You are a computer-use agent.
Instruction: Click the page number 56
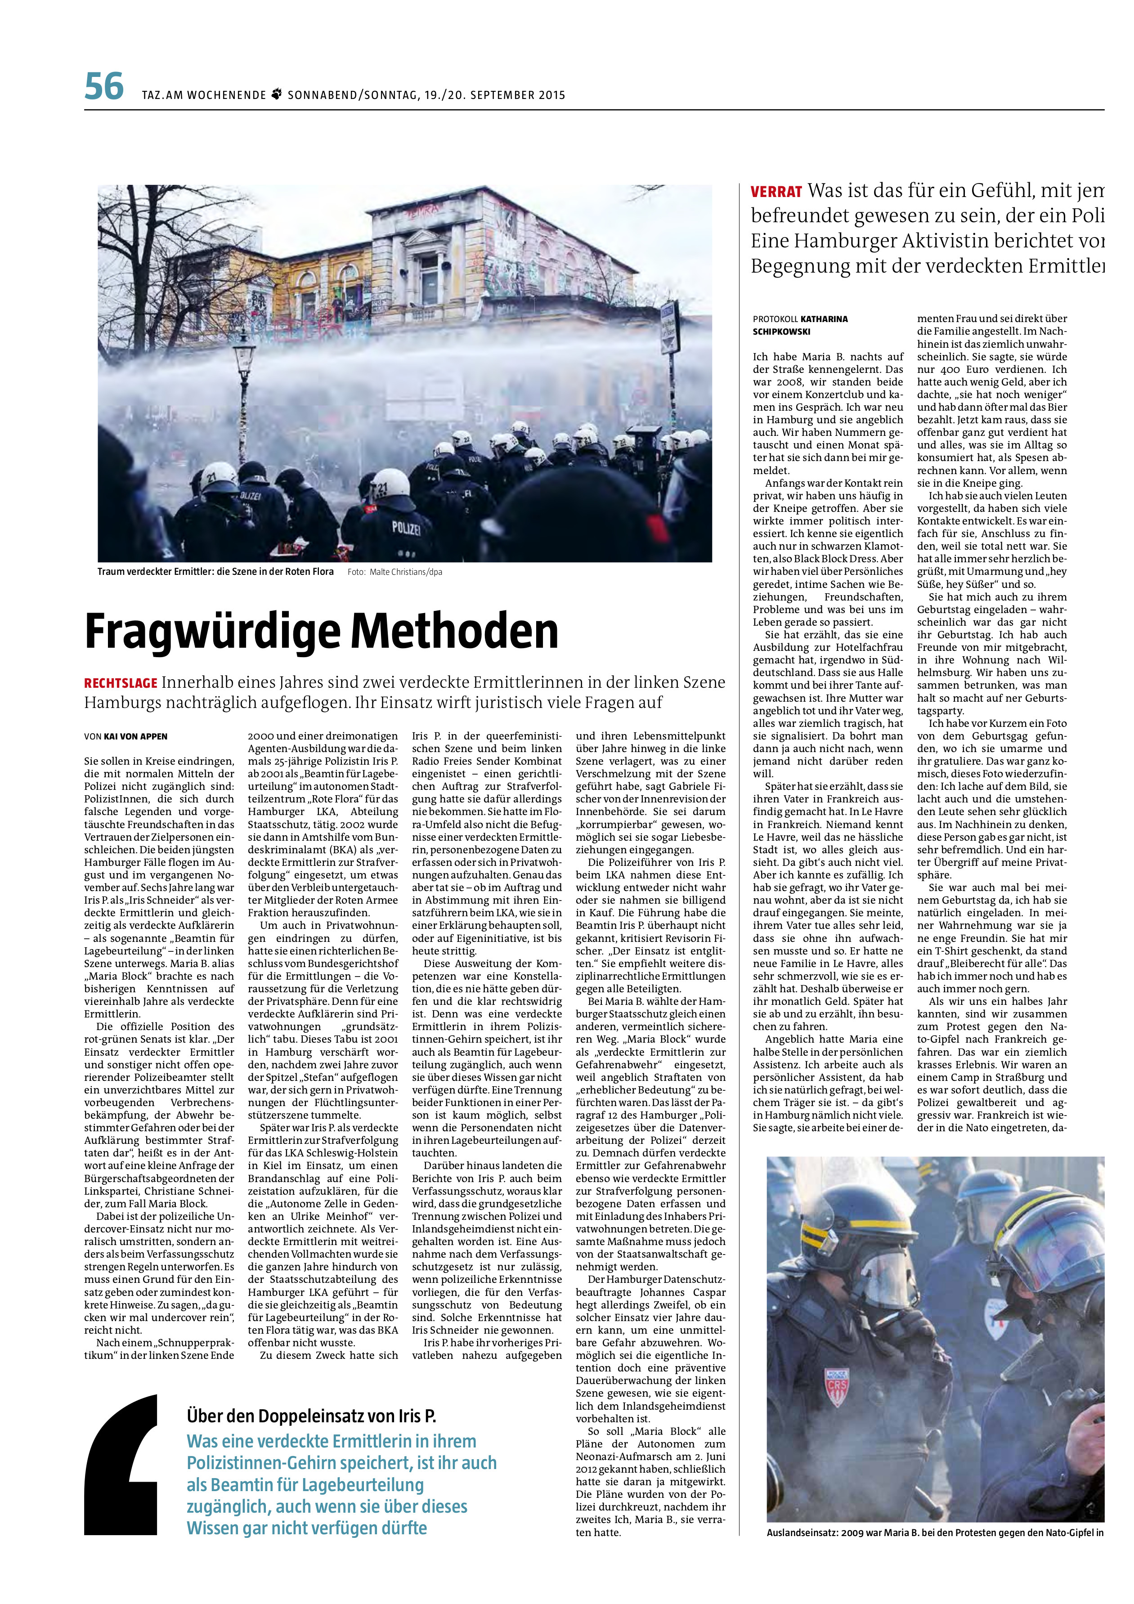pos(103,87)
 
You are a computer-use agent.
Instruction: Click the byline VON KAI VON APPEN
pos(126,736)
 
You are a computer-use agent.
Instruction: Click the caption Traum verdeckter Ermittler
pos(215,571)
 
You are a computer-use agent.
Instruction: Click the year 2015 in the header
pos(551,95)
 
